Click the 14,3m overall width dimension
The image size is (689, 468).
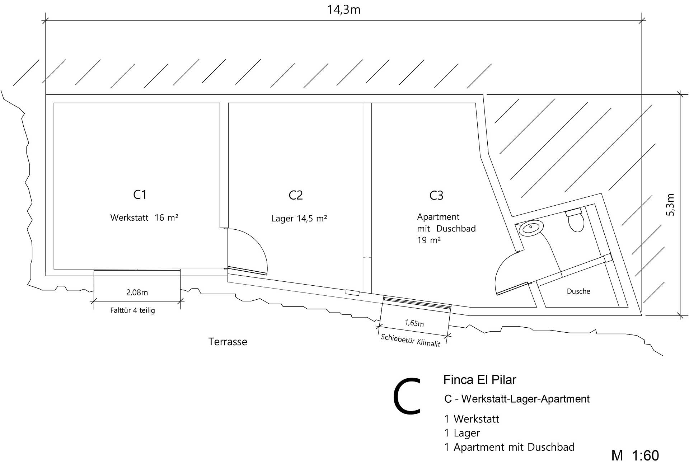click(x=343, y=10)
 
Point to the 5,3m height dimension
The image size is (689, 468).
click(x=670, y=205)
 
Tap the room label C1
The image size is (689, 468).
click(x=140, y=195)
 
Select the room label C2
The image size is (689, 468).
click(x=296, y=195)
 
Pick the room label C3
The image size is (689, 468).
click(x=436, y=196)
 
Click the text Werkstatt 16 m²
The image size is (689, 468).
click(x=144, y=217)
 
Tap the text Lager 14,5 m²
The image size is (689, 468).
click(x=299, y=219)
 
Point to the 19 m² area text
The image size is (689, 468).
click(x=428, y=240)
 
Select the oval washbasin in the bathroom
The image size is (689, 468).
click(x=531, y=228)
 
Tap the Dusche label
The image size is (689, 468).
click(x=578, y=291)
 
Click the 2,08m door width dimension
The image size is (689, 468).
click(x=137, y=292)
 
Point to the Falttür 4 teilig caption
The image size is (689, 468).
click(x=132, y=310)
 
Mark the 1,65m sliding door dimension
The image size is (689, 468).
click(x=414, y=323)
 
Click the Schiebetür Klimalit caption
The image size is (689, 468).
click(x=411, y=340)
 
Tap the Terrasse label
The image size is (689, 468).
click(x=228, y=342)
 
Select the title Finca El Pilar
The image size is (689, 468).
click(x=479, y=380)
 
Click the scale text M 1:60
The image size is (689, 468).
click(x=635, y=455)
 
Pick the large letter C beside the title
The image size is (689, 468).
click(x=407, y=396)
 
